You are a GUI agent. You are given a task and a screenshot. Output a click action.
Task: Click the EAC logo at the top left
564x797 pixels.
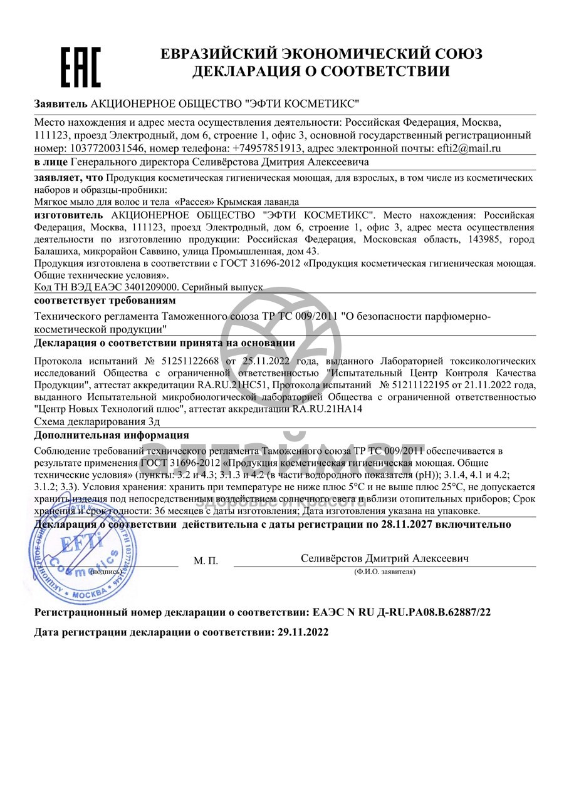coord(80,67)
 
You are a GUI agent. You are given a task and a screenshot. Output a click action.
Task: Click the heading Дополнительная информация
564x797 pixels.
coord(112,436)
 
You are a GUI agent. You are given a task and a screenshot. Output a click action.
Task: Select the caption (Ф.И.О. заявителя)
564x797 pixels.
coord(384,572)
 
